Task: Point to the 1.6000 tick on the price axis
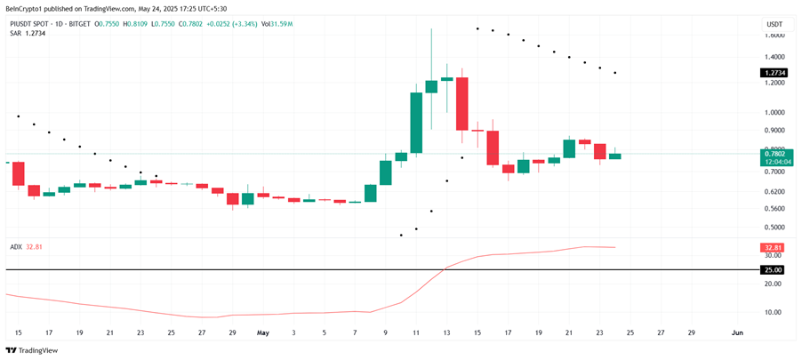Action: coord(774,36)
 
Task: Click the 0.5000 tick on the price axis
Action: coord(774,227)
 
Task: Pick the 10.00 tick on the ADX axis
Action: coord(774,312)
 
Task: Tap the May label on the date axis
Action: coord(263,332)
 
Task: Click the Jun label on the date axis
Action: coord(737,332)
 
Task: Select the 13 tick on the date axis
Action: coord(446,332)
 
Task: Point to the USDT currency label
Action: coord(774,24)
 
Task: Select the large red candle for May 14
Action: coord(461,103)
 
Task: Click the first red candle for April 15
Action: coord(19,173)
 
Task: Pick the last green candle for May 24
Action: coord(614,156)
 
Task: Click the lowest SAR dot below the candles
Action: coord(401,235)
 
